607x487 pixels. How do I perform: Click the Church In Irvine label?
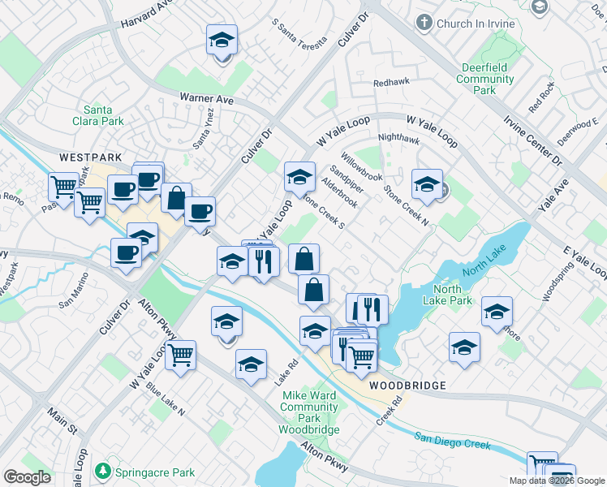point(476,24)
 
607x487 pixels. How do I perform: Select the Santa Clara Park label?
point(103,115)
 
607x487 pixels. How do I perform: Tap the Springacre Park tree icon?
point(102,470)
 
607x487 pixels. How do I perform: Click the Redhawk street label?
point(390,83)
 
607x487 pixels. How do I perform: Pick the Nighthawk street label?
point(398,138)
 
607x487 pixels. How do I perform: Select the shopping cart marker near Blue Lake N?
point(180,354)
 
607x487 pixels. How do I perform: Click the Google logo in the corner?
point(27,477)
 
